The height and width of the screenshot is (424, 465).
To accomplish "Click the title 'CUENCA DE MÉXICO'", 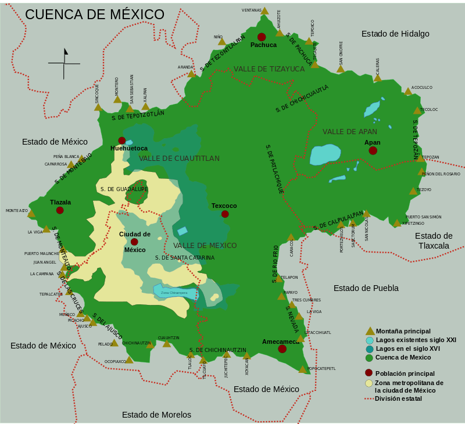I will click(95, 15).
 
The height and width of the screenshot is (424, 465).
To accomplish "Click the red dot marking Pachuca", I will click(262, 37).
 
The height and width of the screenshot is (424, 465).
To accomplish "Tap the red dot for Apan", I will click(373, 150).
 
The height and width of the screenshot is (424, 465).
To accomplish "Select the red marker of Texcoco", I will click(225, 214).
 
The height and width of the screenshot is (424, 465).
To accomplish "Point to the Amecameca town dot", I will click(282, 348).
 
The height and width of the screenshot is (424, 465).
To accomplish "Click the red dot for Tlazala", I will click(60, 210).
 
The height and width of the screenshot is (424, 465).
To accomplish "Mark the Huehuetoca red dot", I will click(122, 141).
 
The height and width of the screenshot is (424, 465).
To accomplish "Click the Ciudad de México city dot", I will click(134, 242).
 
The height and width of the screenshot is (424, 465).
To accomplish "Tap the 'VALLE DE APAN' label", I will click(350, 132).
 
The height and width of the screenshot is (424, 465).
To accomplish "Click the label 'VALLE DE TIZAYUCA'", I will click(269, 69).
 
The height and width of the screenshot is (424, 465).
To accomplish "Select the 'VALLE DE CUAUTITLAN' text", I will click(179, 159).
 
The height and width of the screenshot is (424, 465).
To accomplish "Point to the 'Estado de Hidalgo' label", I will click(395, 34).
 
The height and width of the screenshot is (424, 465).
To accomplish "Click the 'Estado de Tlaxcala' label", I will click(434, 240).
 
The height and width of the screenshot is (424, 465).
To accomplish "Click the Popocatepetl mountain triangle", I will click(303, 368).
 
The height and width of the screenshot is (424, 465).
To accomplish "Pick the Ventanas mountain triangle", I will click(264, 10).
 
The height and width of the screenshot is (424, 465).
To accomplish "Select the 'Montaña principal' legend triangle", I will click(369, 331).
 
